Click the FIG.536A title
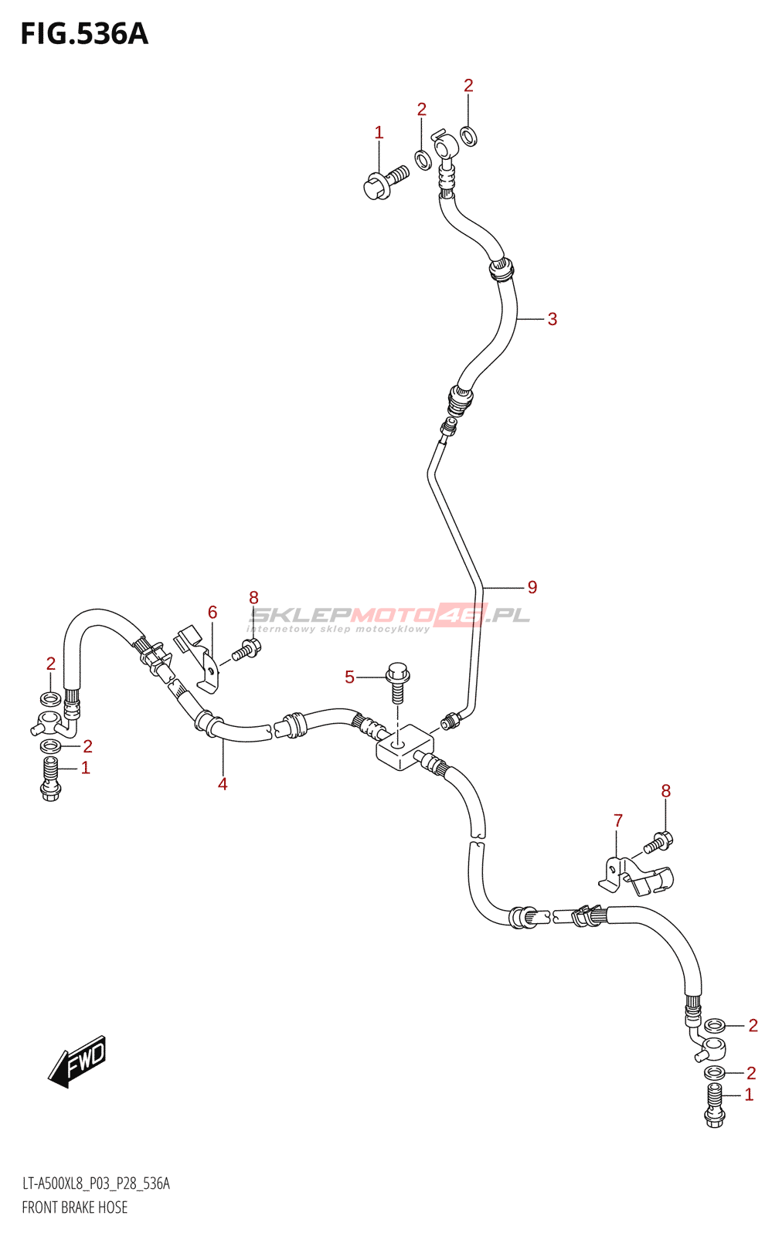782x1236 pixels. click(x=84, y=34)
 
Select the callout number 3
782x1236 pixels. click(x=552, y=319)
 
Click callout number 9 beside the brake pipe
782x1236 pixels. click(x=532, y=587)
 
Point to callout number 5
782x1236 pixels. click(x=349, y=677)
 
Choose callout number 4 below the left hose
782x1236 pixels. click(x=223, y=784)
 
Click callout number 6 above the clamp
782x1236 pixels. click(x=212, y=613)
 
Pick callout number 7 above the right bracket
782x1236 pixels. click(x=618, y=820)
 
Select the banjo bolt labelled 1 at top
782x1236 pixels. click(x=384, y=182)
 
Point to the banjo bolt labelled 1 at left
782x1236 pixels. click(x=50, y=778)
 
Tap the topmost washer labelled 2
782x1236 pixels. click(x=468, y=137)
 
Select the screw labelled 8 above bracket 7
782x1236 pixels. click(x=658, y=842)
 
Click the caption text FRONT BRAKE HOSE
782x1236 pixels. click(x=75, y=1207)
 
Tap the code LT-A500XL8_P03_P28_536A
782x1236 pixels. click(x=96, y=1183)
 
